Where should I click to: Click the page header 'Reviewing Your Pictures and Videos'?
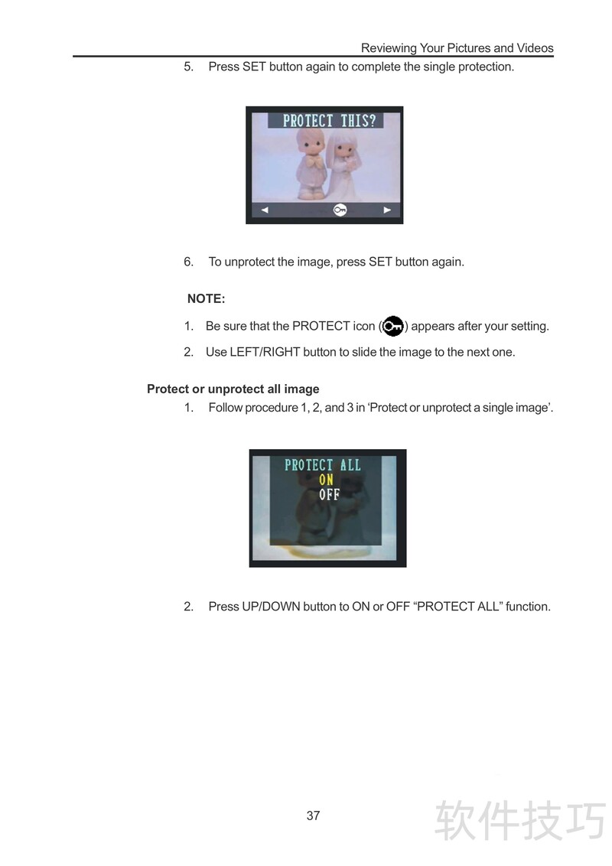pos(457,48)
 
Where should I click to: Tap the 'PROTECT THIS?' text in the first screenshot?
pos(329,121)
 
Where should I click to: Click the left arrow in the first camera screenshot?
pos(265,210)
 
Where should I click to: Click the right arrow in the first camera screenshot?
pos(387,210)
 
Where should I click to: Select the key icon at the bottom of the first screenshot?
pos(340,210)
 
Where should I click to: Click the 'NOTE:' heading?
pos(206,299)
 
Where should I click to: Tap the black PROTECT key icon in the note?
pos(392,326)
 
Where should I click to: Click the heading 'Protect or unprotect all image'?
pos(233,389)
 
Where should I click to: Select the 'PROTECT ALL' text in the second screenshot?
pos(323,465)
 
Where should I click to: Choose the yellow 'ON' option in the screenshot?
pos(326,480)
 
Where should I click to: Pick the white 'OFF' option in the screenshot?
pos(329,494)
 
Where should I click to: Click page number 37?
pos(313,816)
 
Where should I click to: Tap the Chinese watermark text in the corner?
pos(520,821)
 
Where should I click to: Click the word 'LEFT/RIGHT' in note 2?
pos(265,353)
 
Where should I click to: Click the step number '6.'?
pos(189,262)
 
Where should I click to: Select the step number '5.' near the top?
pos(189,67)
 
